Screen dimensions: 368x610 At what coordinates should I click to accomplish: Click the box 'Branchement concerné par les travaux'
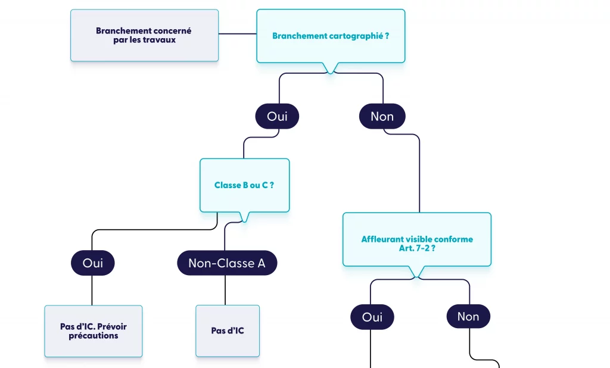pos(144,35)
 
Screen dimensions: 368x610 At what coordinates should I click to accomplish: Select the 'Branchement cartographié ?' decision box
pos(331,36)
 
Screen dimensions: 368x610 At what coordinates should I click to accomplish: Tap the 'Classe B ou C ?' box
pos(244,185)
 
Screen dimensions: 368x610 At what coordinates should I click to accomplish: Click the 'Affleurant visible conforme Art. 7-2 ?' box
pos(417,239)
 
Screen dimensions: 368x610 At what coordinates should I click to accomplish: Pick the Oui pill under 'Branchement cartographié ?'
pos(277,117)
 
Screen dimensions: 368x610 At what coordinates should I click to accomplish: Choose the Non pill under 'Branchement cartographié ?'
pos(382,117)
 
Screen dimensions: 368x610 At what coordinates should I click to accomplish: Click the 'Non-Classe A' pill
pos(227,263)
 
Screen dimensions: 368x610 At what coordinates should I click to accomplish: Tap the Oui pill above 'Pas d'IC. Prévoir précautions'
pos(92,263)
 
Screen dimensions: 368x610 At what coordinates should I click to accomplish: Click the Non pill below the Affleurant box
pos(468,317)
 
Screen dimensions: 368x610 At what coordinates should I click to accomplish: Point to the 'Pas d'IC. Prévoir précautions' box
pos(94,331)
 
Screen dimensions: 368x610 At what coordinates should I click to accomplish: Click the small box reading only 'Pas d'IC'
pos(228,331)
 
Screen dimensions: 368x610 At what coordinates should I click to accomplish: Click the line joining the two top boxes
pos(237,34)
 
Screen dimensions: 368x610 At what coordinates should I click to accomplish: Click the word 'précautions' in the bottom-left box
pos(94,336)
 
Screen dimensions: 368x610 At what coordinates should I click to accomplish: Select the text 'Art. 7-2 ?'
pos(417,248)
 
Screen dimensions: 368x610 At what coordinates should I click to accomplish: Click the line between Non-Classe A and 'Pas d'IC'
pos(225,290)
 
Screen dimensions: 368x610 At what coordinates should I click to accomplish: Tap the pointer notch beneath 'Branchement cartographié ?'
pos(330,68)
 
